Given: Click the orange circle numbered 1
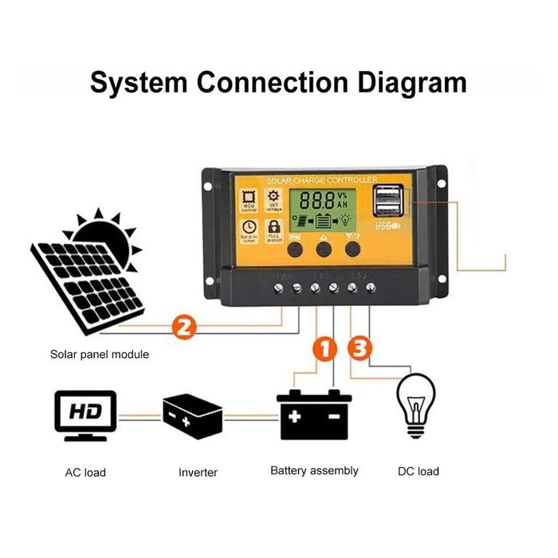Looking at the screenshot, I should pyautogui.click(x=323, y=348).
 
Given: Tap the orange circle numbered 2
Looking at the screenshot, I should pyautogui.click(x=183, y=326).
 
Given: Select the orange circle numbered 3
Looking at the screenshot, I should pyautogui.click(x=361, y=348).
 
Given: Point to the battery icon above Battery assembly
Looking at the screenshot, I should pyautogui.click(x=314, y=414).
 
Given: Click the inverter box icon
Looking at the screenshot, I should pyautogui.click(x=192, y=415).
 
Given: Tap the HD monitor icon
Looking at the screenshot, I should pyautogui.click(x=84, y=415).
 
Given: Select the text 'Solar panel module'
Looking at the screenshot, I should pyautogui.click(x=99, y=354).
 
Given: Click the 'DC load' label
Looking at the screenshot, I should pyautogui.click(x=418, y=471).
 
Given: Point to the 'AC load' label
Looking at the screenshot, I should pyautogui.click(x=85, y=472).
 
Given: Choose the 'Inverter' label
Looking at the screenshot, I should pyautogui.click(x=198, y=472).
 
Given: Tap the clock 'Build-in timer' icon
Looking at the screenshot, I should pyautogui.click(x=248, y=229).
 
